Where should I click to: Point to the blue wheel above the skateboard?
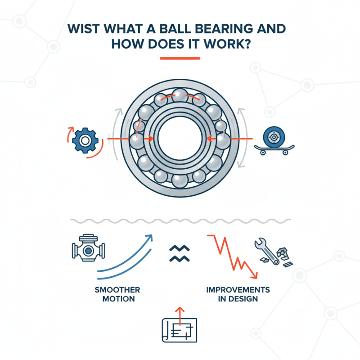click(272, 136)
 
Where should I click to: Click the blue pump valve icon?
click(88, 250)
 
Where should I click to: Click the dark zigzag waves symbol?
click(180, 253)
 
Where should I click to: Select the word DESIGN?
click(243, 298)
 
